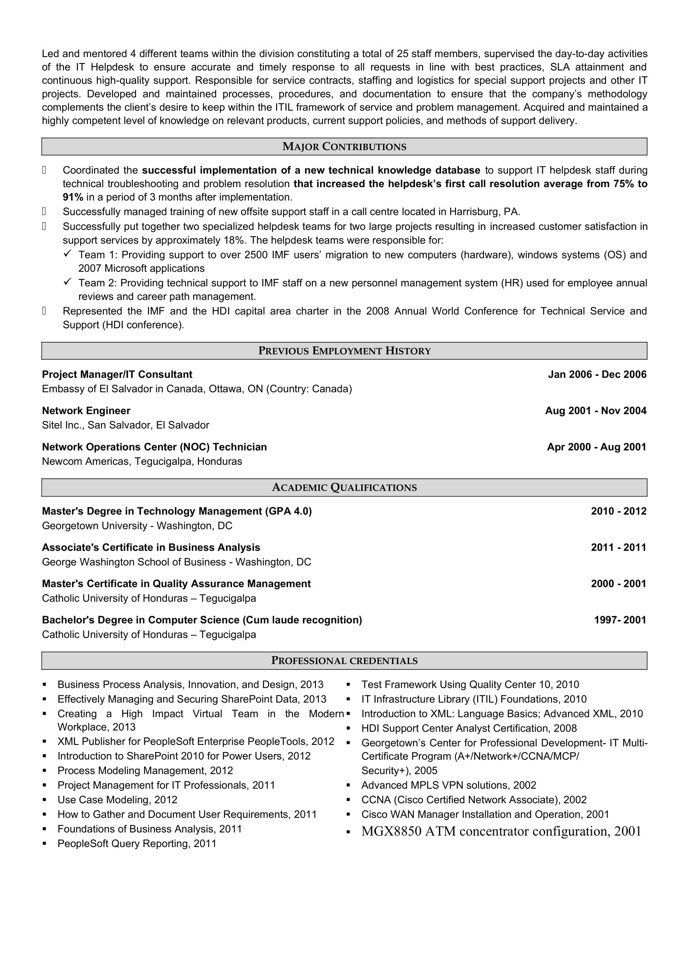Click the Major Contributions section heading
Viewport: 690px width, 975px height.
pyautogui.click(x=344, y=146)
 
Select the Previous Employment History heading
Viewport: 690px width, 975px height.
pyautogui.click(x=344, y=351)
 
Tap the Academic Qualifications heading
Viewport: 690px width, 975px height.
pyautogui.click(x=344, y=488)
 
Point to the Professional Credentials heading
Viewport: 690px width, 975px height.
pyautogui.click(x=344, y=661)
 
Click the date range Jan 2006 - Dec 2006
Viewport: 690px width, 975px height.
pyautogui.click(x=597, y=375)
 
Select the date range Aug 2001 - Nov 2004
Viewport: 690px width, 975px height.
pyautogui.click(x=596, y=411)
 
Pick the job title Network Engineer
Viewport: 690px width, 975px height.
pyautogui.click(x=86, y=411)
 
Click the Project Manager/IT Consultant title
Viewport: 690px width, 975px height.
pyautogui.click(x=117, y=375)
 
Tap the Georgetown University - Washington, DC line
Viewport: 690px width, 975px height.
pyautogui.click(x=137, y=526)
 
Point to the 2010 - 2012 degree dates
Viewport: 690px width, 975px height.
pyautogui.click(x=618, y=511)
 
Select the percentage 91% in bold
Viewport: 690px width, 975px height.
pyautogui.click(x=73, y=198)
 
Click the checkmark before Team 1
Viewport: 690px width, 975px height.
pyautogui.click(x=68, y=254)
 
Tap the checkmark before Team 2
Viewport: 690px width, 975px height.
pyautogui.click(x=68, y=282)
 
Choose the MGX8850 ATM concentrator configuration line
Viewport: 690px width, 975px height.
pyautogui.click(x=501, y=832)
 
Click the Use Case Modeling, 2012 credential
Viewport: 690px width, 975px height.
pyautogui.click(x=117, y=800)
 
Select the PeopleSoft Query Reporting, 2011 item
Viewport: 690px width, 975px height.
pyautogui.click(x=137, y=844)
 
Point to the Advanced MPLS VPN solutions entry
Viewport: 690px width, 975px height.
pyautogui.click(x=449, y=785)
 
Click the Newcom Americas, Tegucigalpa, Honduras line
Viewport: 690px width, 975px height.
pyautogui.click(x=142, y=461)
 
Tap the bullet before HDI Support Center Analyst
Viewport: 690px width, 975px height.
pyautogui.click(x=348, y=729)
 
